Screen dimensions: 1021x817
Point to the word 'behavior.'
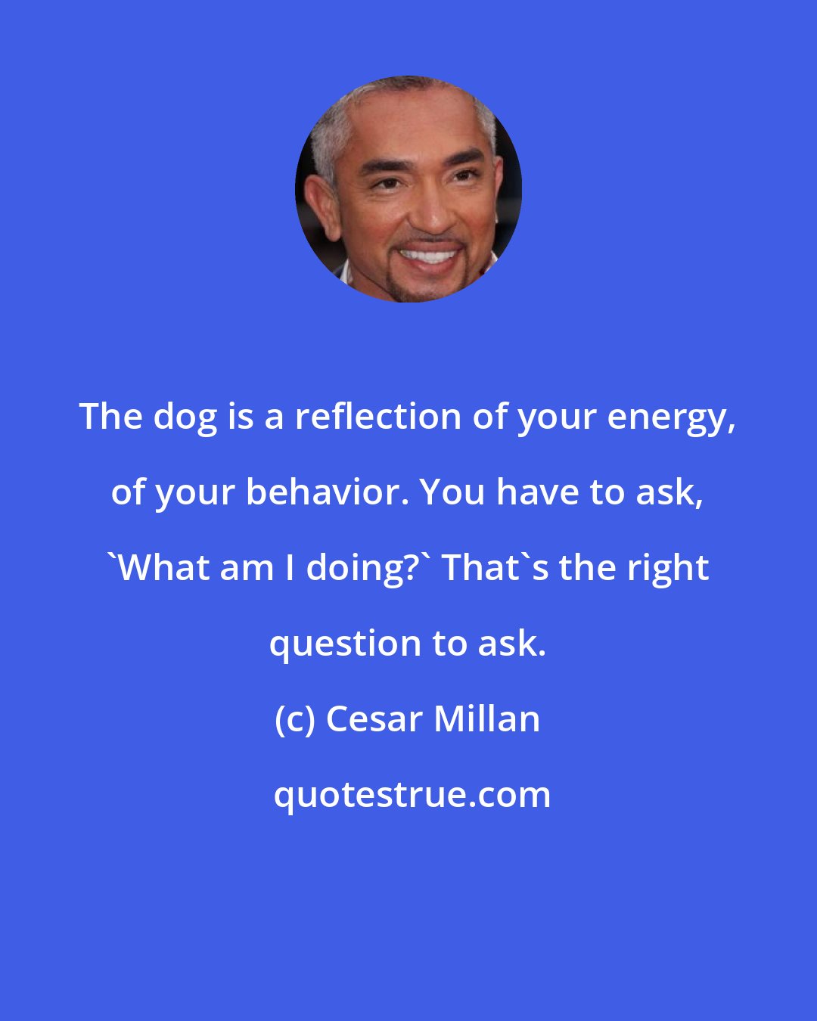pyautogui.click(x=328, y=492)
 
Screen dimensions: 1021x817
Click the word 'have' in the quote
pyautogui.click(x=539, y=492)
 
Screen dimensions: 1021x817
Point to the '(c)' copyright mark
pyautogui.click(x=294, y=719)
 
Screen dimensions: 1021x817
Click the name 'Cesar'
pyautogui.click(x=373, y=719)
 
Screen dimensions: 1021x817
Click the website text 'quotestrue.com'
pyautogui.click(x=412, y=795)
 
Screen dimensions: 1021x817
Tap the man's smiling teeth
pyautogui.click(x=429, y=255)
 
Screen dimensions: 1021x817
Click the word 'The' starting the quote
pyautogui.click(x=111, y=417)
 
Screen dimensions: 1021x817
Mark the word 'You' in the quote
pyautogui.click(x=452, y=492)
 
